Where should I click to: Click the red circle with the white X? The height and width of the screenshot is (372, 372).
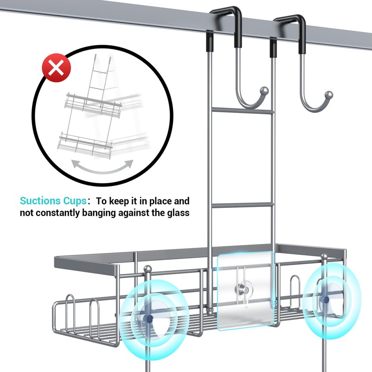point(56,68)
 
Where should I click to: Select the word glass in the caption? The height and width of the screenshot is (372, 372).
point(178,213)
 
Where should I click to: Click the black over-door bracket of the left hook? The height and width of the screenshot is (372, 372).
point(226,21)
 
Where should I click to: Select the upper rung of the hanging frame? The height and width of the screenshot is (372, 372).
point(241,111)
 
